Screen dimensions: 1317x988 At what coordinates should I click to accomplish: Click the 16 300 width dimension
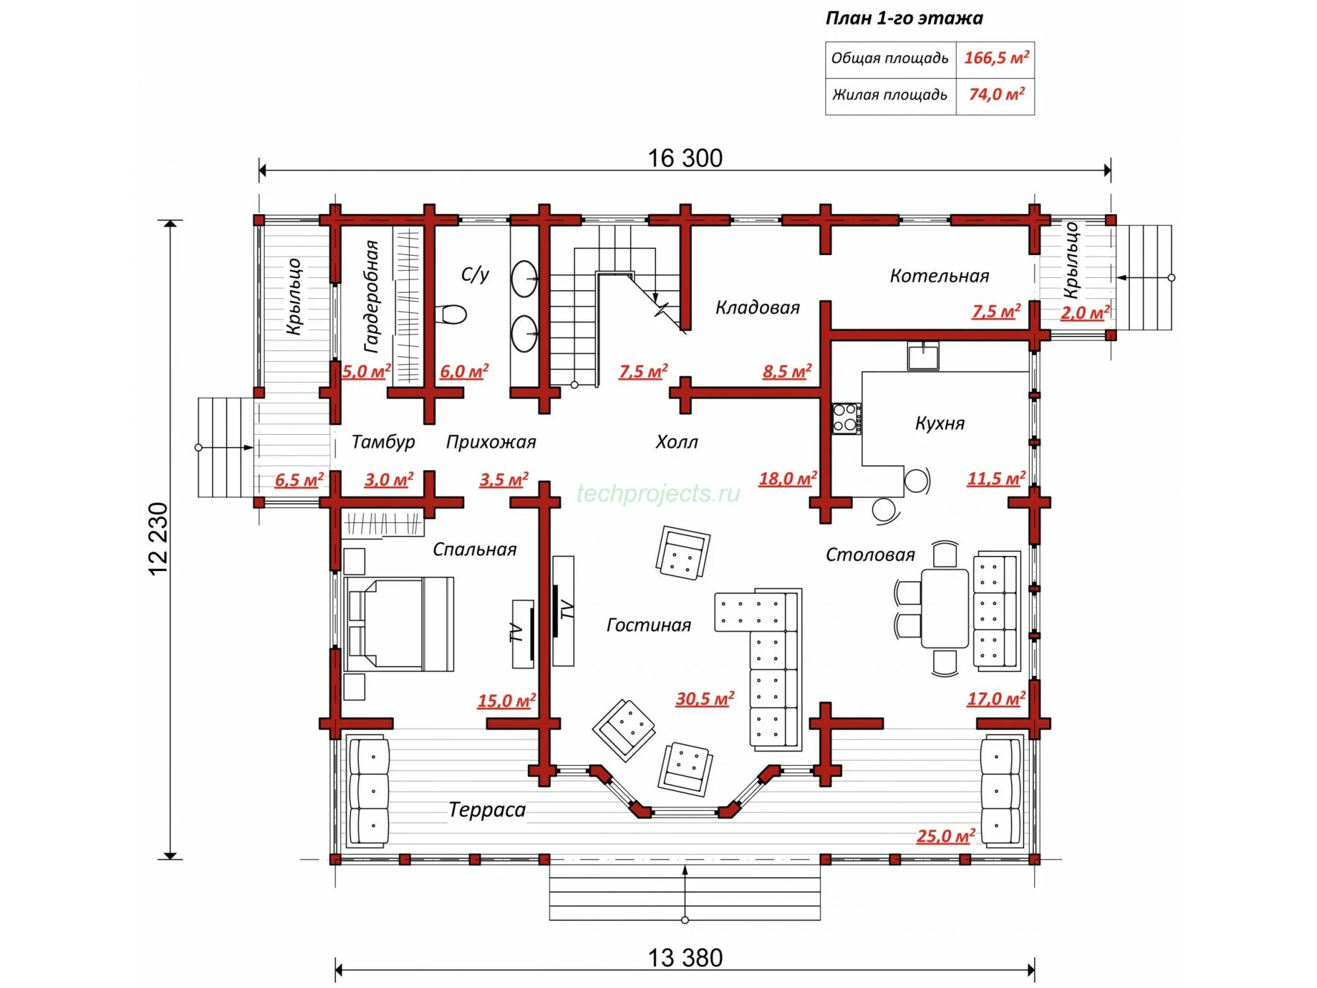[685, 158]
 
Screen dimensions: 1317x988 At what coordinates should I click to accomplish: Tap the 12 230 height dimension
[159, 539]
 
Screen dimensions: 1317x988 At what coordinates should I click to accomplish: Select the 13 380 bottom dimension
[685, 958]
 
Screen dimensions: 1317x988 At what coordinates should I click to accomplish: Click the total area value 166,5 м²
[996, 58]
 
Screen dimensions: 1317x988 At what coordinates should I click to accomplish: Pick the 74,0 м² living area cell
[996, 94]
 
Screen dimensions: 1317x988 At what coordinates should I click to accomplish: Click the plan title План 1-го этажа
[904, 18]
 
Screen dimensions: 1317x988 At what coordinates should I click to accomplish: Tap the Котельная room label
[939, 276]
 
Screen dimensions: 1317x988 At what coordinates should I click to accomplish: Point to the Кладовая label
[757, 308]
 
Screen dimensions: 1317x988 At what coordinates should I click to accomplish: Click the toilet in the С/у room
[452, 314]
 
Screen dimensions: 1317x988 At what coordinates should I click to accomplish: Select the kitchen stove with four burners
[846, 418]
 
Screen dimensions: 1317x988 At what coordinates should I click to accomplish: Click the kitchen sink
[923, 356]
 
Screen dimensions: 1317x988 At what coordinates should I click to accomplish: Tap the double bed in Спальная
[399, 624]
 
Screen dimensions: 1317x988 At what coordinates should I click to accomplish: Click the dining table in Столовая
[944, 609]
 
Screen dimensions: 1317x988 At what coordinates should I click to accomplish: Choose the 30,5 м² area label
[705, 699]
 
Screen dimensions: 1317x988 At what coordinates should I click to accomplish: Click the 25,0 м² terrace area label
[945, 836]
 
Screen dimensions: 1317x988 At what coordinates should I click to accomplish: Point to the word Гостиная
[649, 625]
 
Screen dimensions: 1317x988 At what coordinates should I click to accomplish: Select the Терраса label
[487, 810]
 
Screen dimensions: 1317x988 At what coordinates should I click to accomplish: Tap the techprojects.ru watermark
[658, 493]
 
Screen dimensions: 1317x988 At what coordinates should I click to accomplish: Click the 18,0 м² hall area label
[788, 479]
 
